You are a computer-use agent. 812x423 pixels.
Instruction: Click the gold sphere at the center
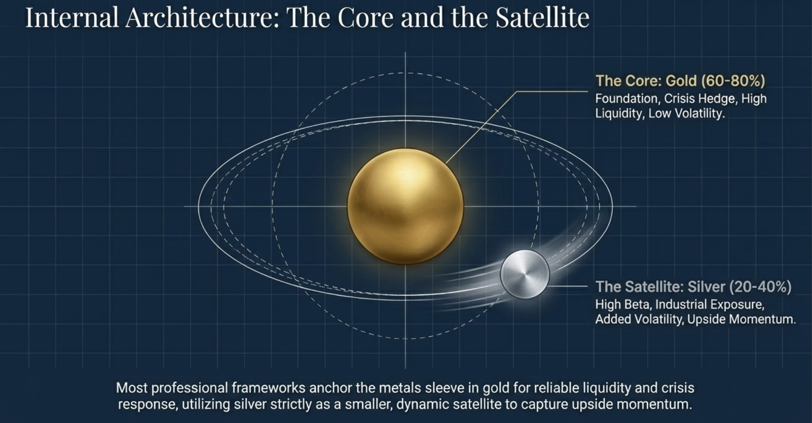point(405,206)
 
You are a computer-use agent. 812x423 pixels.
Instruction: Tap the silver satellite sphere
point(525,274)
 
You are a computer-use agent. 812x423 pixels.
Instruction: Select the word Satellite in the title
point(542,18)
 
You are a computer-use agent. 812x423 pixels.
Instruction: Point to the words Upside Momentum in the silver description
point(742,320)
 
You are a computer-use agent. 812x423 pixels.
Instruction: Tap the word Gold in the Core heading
point(681,81)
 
